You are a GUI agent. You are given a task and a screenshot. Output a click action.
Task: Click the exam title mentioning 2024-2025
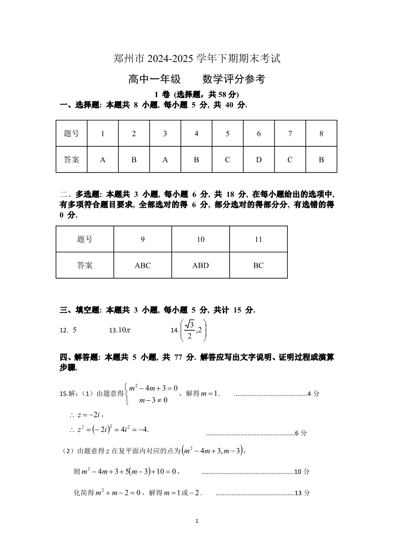pos(197,59)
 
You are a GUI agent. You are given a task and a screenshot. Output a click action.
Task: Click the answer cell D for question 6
pos(259,160)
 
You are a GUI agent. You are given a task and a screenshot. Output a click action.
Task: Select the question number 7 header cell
pos(290,133)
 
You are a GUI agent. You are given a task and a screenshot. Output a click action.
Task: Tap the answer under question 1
pos(103,160)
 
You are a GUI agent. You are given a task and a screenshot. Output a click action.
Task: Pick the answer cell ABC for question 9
pos(142,265)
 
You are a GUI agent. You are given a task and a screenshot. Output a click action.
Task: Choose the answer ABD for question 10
pos(200,265)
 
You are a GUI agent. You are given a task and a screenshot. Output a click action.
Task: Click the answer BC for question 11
pos(258,265)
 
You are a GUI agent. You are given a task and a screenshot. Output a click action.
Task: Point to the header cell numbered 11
pos(258,239)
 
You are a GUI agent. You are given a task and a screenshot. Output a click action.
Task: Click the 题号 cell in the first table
pos(71,133)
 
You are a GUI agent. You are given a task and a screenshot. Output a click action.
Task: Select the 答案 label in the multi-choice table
pos(85,265)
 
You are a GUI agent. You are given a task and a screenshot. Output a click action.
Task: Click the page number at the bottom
pos(197,521)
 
